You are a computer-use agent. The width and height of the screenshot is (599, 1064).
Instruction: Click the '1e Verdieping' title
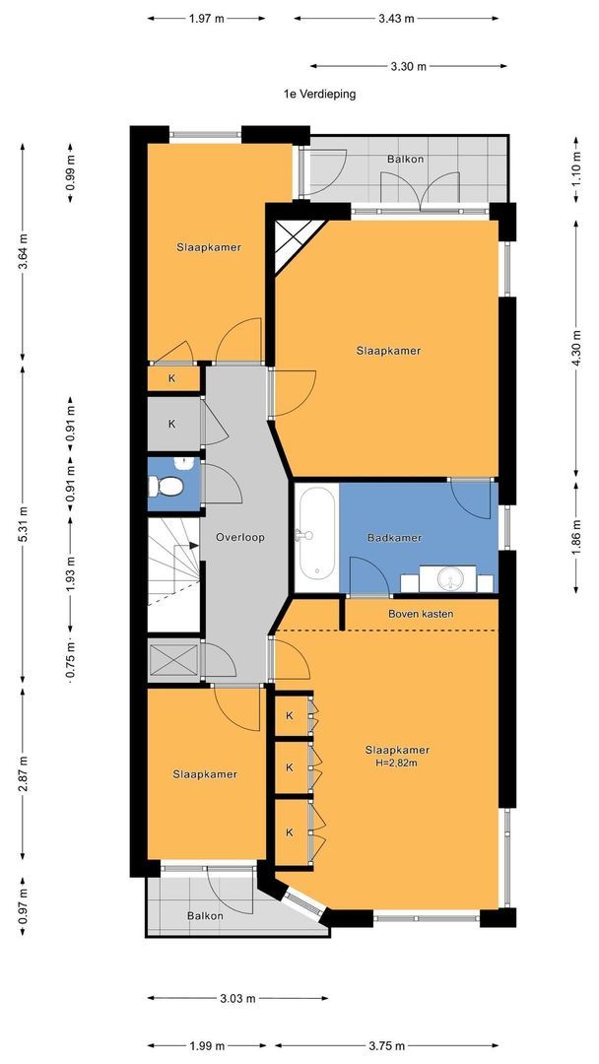(x=319, y=95)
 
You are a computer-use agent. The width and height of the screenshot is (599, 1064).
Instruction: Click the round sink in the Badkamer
(x=448, y=579)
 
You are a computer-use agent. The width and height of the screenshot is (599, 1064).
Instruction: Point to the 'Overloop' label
(x=239, y=538)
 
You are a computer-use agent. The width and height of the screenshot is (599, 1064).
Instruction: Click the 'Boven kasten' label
(x=421, y=614)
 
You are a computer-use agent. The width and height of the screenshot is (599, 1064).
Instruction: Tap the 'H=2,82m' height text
(x=397, y=764)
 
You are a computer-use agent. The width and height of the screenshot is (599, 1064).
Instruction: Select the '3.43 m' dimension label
(x=396, y=19)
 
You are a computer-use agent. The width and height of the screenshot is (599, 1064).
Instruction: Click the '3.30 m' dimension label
(x=409, y=66)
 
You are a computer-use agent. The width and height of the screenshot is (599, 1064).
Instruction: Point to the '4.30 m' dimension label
(x=576, y=349)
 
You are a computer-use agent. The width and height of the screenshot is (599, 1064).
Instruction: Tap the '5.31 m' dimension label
(x=23, y=524)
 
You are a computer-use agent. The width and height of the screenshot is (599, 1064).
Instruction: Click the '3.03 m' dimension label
(x=237, y=998)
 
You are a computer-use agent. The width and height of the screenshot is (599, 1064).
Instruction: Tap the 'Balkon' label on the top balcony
(x=406, y=160)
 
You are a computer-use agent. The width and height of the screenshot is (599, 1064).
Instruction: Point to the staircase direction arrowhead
(x=194, y=544)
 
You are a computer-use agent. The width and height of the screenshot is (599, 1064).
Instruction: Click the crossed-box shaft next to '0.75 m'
(x=173, y=658)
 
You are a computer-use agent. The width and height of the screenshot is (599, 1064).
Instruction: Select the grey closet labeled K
(x=173, y=424)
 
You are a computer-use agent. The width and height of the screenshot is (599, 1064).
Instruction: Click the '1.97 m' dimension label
(x=206, y=19)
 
